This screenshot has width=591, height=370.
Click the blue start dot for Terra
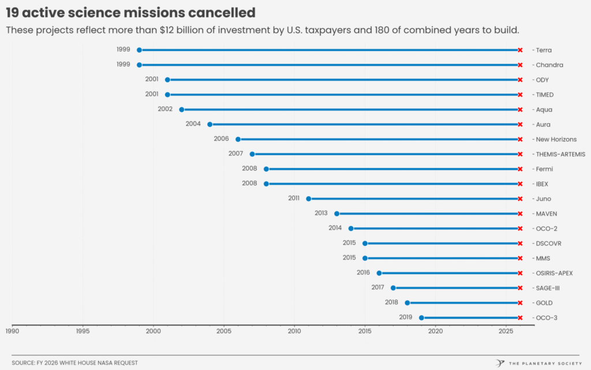coord(139,50)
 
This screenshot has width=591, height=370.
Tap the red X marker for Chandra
coord(520,65)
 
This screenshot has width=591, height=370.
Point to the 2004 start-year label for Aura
coord(193,124)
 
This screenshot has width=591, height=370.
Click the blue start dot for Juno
coord(308,199)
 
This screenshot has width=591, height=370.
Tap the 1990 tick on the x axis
coord(12,331)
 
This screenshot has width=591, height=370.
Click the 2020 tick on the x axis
coord(435,331)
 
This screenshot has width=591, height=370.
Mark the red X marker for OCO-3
coord(520,318)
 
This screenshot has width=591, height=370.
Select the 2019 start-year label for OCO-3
coord(405,317)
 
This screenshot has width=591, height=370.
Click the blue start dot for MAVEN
coord(336,214)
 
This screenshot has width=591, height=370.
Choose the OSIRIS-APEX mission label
coord(554,273)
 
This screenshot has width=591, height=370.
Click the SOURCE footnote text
coord(75,363)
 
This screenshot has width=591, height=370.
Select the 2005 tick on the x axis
coord(223,331)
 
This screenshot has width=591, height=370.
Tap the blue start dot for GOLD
coord(407,303)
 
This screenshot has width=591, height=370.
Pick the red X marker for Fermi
coord(520,169)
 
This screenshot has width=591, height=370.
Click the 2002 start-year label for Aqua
coord(165,109)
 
